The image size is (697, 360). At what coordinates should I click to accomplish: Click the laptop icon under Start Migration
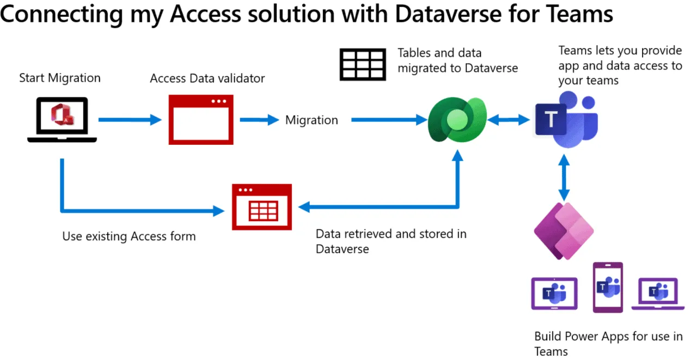click(62, 119)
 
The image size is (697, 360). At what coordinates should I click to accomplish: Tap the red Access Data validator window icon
click(201, 119)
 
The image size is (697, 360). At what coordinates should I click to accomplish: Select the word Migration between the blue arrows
click(311, 120)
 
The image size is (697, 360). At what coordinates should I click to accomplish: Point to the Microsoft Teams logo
click(565, 119)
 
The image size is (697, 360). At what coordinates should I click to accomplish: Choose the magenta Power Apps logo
click(563, 229)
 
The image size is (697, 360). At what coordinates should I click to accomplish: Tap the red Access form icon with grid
click(261, 207)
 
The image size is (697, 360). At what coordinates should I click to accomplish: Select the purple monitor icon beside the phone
click(554, 294)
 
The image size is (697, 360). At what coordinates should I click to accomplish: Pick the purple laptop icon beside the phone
click(657, 294)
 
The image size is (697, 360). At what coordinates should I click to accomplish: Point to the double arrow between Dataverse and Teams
click(509, 120)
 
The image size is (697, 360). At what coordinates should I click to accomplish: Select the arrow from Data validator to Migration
click(259, 120)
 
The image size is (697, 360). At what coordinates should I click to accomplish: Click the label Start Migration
click(60, 78)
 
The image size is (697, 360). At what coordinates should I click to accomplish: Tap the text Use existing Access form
click(129, 236)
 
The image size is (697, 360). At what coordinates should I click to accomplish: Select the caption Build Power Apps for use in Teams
click(608, 344)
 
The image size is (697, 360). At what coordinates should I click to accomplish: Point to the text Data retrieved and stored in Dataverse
click(391, 241)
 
